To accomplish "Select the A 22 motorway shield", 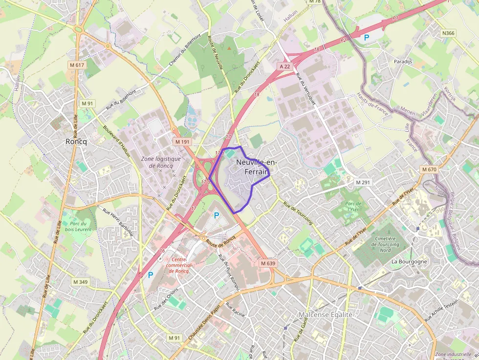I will tap(285, 66).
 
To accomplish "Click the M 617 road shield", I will tap(77, 65).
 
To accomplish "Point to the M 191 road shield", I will tap(182, 142).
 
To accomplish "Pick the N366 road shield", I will tap(448, 33).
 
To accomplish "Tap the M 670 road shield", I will tap(429, 169).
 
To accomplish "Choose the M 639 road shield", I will tap(268, 263).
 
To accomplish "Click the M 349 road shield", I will tap(80, 282).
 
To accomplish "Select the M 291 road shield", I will tap(363, 182).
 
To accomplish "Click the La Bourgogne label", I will tap(409, 261).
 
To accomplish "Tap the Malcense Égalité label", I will tap(326, 315).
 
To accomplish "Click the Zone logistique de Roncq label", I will tap(161, 162).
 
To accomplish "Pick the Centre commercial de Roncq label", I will tap(177, 265).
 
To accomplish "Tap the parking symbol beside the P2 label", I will tap(366, 37).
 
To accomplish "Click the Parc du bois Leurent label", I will tap(78, 226).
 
